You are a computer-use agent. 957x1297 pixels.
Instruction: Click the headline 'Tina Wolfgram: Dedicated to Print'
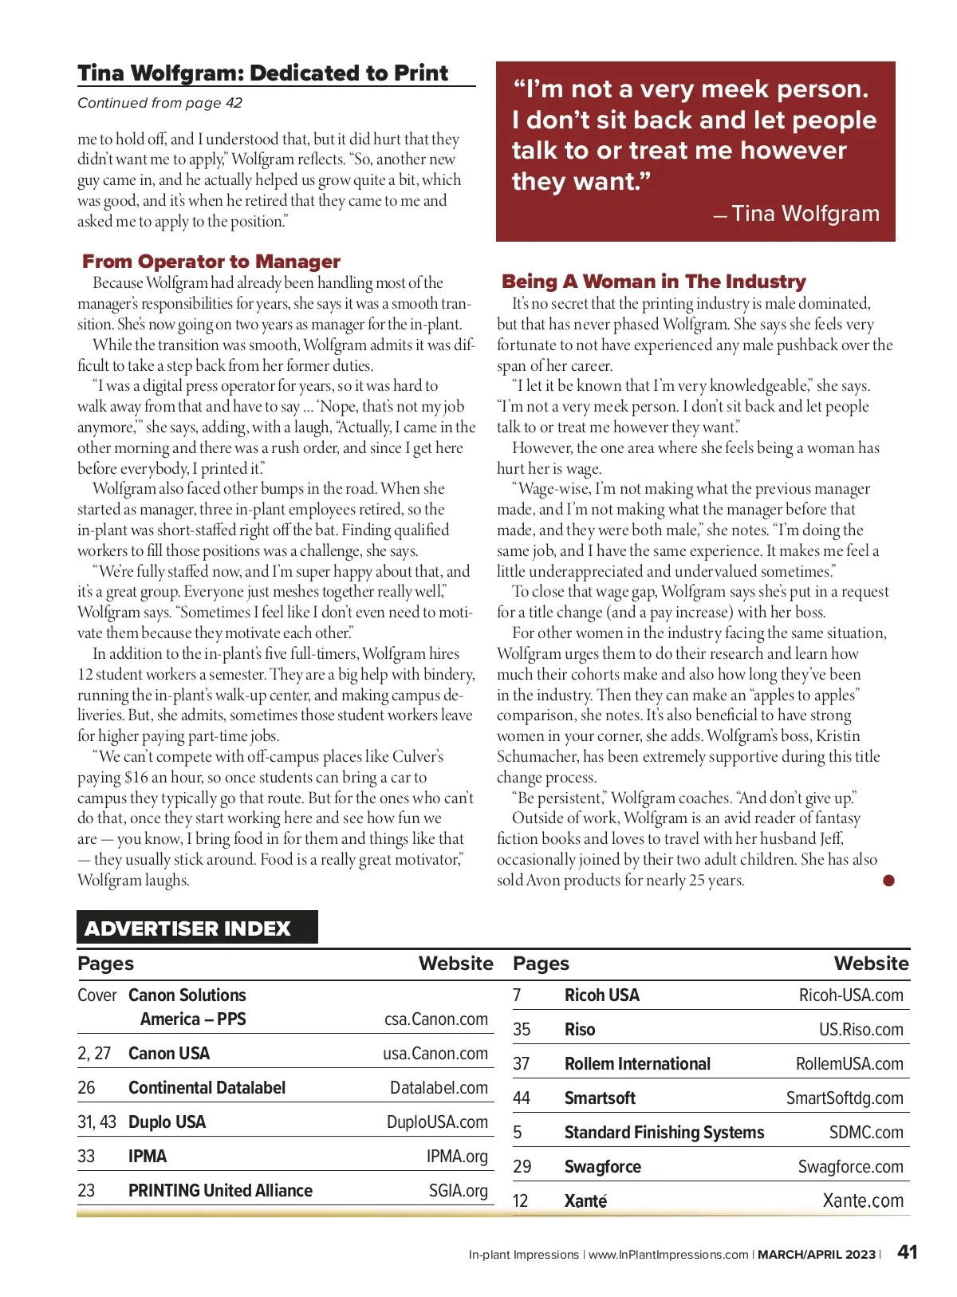point(262,73)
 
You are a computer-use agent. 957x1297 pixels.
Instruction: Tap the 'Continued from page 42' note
point(159,103)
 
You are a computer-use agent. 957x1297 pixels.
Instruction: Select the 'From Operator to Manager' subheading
point(211,262)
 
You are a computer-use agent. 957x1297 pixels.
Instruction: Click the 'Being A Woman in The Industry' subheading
point(653,282)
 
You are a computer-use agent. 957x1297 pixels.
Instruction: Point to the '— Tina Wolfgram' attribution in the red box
point(797,214)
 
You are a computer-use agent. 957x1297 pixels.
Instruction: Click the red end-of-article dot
point(888,881)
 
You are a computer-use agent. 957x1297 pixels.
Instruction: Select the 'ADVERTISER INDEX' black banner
point(197,928)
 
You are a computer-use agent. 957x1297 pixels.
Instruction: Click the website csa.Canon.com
point(435,1019)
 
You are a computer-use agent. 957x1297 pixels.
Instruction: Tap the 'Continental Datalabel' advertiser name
point(207,1088)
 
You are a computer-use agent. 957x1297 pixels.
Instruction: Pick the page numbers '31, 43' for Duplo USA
point(96,1122)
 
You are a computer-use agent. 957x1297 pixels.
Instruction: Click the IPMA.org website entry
point(457,1157)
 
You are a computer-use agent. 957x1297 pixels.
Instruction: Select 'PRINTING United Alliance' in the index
point(220,1191)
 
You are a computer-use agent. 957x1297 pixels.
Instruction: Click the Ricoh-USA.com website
point(851,995)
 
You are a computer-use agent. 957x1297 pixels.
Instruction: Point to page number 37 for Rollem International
point(522,1064)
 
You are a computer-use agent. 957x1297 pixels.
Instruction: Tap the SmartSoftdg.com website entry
point(845,1098)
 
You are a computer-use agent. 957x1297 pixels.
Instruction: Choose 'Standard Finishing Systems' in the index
point(664,1133)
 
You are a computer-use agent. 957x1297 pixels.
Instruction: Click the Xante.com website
point(863,1201)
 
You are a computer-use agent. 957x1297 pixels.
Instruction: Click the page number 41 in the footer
point(907,1252)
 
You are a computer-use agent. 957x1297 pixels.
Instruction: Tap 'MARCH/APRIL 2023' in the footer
point(816,1255)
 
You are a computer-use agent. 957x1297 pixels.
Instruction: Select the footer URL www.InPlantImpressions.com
point(668,1255)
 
